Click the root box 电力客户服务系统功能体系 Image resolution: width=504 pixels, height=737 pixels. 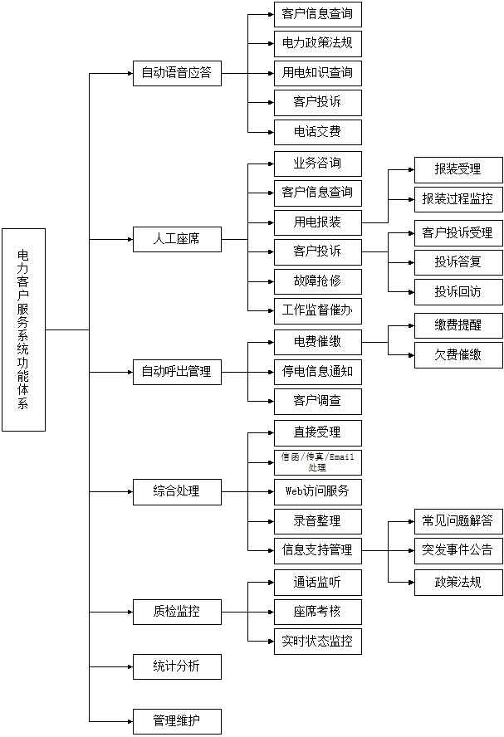click(x=23, y=329)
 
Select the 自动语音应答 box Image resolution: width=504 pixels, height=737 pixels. click(x=177, y=73)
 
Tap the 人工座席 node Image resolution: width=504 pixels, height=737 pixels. click(x=177, y=241)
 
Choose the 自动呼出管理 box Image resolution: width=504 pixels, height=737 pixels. click(x=177, y=372)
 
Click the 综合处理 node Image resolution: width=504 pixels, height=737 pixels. click(x=177, y=491)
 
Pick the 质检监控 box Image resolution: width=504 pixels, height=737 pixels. click(x=177, y=613)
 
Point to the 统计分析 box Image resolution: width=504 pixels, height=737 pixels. click(x=177, y=666)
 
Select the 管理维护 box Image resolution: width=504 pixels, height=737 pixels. click(x=177, y=721)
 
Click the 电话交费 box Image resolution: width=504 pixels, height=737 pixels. click(x=317, y=132)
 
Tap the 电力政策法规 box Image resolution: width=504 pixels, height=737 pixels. click(x=317, y=43)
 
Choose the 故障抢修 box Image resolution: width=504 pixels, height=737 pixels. click(x=317, y=281)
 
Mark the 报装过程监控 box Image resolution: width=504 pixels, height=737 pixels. click(x=458, y=199)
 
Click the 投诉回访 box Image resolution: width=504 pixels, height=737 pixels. click(x=458, y=292)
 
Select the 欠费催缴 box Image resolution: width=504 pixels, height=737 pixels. click(x=458, y=356)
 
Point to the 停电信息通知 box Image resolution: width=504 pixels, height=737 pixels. click(x=317, y=371)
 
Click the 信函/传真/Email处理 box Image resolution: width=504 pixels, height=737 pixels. click(x=317, y=462)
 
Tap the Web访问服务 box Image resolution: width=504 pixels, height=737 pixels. click(x=317, y=491)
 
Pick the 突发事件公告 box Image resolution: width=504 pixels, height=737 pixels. click(x=458, y=550)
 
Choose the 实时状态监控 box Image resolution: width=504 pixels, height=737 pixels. click(x=317, y=642)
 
